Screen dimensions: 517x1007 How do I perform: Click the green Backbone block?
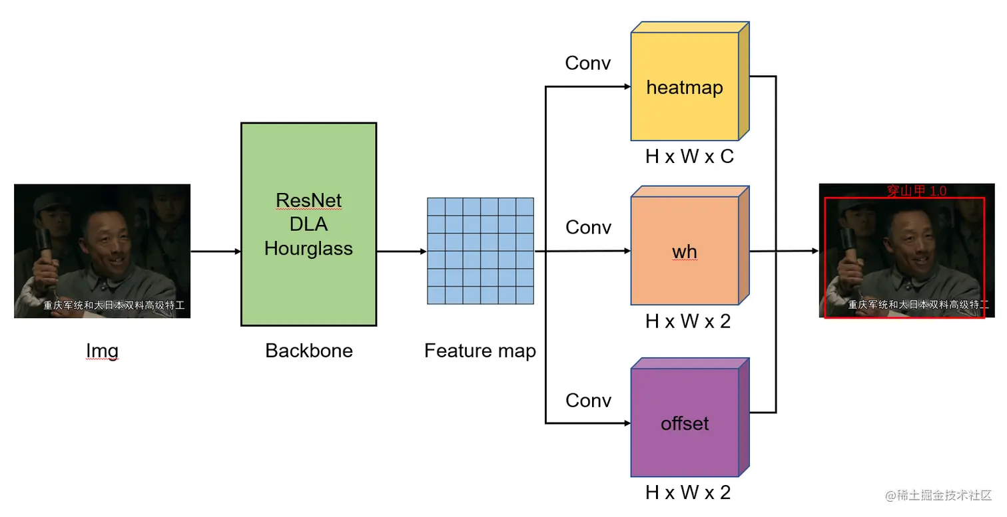[x=308, y=293]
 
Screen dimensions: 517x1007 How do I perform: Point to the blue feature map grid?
[x=480, y=251]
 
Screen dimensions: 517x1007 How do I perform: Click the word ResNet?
[x=308, y=200]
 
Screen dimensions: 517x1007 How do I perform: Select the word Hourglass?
[x=308, y=248]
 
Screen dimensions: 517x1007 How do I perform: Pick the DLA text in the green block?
[x=308, y=224]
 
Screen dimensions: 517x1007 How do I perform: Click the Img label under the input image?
[x=102, y=351]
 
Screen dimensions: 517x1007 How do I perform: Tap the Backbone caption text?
[x=309, y=351]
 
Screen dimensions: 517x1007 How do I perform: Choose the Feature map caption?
[x=480, y=351]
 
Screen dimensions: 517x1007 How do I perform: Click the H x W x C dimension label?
[x=689, y=156]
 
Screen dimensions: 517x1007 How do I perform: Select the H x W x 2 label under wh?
[x=688, y=321]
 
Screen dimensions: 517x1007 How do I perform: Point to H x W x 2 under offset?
[x=688, y=493]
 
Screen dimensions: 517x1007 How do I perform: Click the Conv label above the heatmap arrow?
[x=588, y=63]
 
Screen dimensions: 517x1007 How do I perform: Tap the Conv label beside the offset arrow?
[x=588, y=400]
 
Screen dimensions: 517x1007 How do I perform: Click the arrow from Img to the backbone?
[x=215, y=252]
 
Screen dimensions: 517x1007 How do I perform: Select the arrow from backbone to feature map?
[x=401, y=252]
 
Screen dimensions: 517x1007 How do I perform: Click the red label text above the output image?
[x=916, y=191]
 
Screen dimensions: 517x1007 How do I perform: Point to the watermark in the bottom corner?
[x=938, y=495]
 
